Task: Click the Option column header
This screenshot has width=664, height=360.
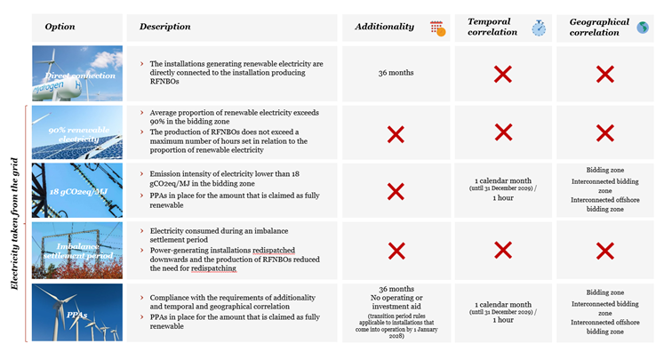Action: [60, 27]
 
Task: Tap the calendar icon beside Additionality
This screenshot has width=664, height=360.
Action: [436, 28]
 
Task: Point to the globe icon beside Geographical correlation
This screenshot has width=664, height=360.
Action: [643, 28]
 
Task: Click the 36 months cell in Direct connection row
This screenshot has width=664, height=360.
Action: [396, 74]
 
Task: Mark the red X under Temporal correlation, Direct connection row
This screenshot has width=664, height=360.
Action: [503, 74]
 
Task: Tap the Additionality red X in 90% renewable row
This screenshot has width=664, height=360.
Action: [396, 133]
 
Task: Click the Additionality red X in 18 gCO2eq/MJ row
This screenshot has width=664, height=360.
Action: [396, 191]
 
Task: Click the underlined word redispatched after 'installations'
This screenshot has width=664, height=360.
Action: [279, 250]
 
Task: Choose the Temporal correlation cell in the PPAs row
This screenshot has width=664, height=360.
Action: [503, 311]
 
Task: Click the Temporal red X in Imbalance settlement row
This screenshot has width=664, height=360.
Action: [503, 252]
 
